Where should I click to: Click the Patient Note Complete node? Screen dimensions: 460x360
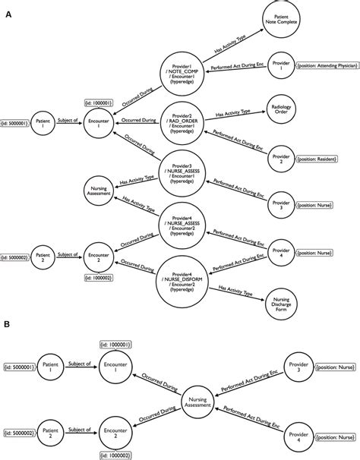[x=282, y=19]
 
